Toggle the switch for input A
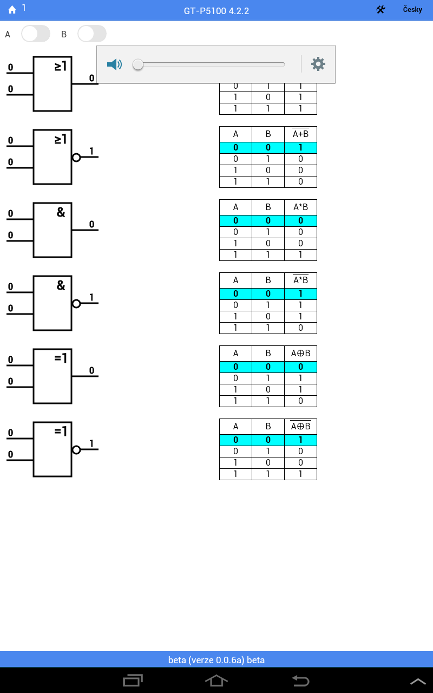pyautogui.click(x=36, y=34)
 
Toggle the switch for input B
pyautogui.click(x=92, y=34)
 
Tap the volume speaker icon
pyautogui.click(x=114, y=64)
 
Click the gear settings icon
pyautogui.click(x=318, y=64)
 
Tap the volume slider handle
pyautogui.click(x=138, y=64)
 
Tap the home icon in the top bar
pyautogui.click(x=12, y=10)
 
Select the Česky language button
pyautogui.click(x=412, y=10)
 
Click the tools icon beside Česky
pyautogui.click(x=380, y=10)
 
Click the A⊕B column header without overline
pyautogui.click(x=300, y=353)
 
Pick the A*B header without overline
pyautogui.click(x=300, y=207)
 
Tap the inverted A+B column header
pyautogui.click(x=300, y=134)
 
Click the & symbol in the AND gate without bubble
pyautogui.click(x=61, y=212)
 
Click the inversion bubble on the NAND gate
pyautogui.click(x=76, y=304)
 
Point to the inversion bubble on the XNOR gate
pyautogui.click(x=76, y=450)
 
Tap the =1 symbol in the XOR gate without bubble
pyautogui.click(x=61, y=358)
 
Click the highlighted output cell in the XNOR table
pyautogui.click(x=300, y=440)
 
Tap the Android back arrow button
pyautogui.click(x=300, y=681)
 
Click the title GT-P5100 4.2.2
pyautogui.click(x=216, y=11)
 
